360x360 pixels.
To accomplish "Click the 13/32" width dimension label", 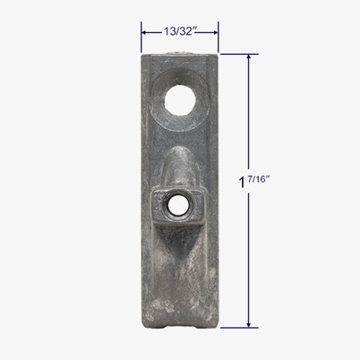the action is [x=180, y=31].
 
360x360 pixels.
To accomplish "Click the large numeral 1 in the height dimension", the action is [x=242, y=182].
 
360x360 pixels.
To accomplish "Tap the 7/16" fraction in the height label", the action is [x=259, y=179].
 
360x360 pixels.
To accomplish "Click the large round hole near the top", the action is [x=180, y=100].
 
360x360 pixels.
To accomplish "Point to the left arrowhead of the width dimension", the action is [x=144, y=32].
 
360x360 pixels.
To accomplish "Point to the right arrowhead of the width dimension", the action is [x=215, y=32].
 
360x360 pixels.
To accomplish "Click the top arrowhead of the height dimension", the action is [x=248, y=57].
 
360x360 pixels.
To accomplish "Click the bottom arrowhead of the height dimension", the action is [x=248, y=325].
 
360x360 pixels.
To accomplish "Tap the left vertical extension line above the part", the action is [x=141, y=37].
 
